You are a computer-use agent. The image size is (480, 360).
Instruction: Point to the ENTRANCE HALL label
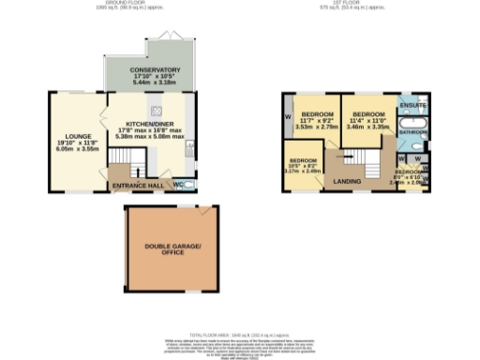138,186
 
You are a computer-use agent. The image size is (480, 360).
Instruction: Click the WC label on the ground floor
180,184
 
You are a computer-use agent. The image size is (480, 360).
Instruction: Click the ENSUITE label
413,105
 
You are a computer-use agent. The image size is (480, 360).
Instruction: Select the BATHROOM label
413,132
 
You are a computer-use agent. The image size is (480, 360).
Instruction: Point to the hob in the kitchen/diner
184,102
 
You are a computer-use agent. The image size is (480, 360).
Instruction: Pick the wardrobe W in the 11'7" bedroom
288,117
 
